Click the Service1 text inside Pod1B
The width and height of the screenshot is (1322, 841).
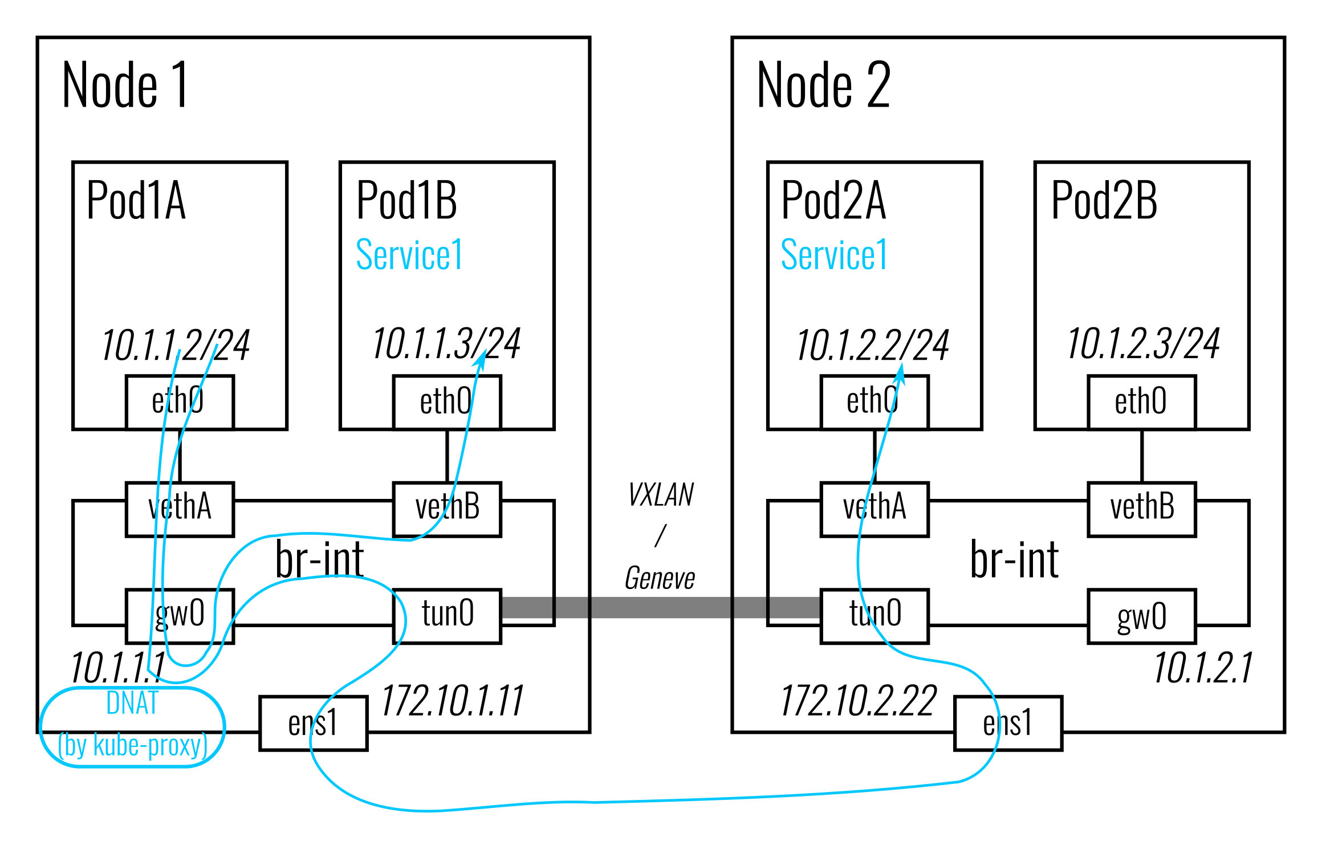pos(409,254)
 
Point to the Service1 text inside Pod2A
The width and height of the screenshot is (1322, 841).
pos(834,254)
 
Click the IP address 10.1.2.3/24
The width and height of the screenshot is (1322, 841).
pos(1143,344)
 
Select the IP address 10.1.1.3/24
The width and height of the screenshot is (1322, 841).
pos(446,344)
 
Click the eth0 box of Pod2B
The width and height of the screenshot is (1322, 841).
pos(1141,402)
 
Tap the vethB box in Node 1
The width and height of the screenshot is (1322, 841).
pos(447,509)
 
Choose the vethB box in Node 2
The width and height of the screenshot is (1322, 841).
pos(1141,509)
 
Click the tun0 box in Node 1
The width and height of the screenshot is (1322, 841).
pos(447,616)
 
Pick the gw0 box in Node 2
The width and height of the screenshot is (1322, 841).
pos(1141,616)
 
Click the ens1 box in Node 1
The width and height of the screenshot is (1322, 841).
pos(313,723)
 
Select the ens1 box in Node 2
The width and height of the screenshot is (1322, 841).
pos(1008,723)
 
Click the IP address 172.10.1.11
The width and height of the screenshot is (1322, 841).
pos(451,701)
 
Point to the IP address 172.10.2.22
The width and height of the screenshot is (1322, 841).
pos(858,701)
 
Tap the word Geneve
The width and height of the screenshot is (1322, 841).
pos(660,579)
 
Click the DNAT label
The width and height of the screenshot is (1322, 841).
pos(132,702)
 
